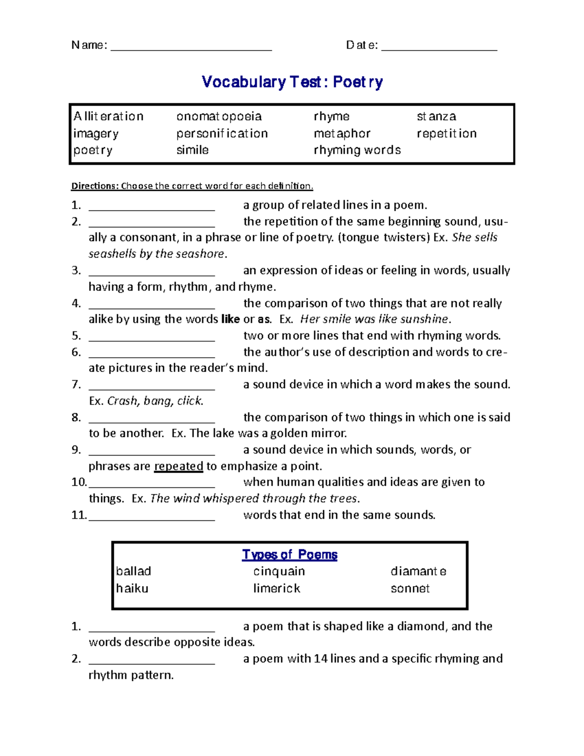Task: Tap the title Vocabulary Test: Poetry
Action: (x=292, y=82)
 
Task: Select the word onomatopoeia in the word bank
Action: (x=219, y=117)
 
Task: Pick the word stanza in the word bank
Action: (x=436, y=117)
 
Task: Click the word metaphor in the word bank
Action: (x=342, y=133)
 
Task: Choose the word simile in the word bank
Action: (x=192, y=150)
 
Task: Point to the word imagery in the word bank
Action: (x=96, y=134)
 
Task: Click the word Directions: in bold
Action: (x=95, y=186)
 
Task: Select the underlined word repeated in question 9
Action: (x=179, y=466)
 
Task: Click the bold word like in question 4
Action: (x=230, y=319)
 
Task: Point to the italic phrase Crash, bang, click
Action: (x=155, y=401)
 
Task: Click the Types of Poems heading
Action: (x=290, y=554)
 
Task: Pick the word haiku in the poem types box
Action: (x=132, y=589)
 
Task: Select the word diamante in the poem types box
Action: (x=418, y=572)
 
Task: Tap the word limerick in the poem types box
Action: (x=276, y=589)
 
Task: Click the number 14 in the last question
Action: (x=320, y=659)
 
